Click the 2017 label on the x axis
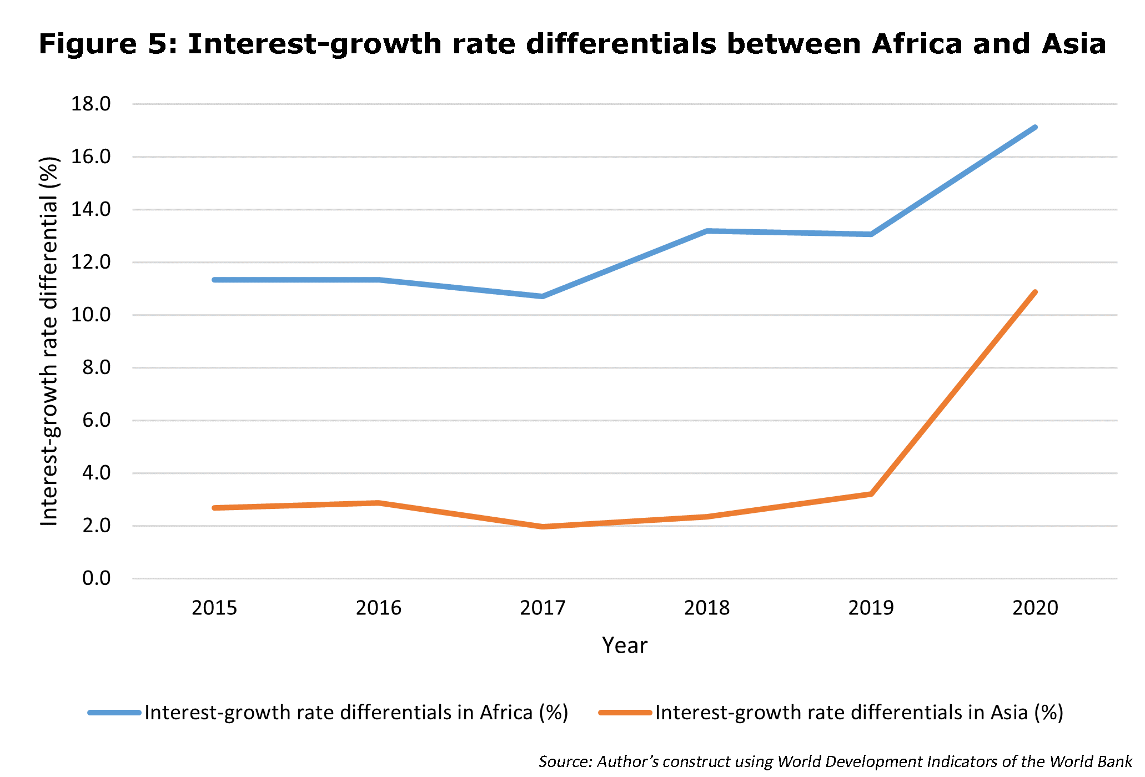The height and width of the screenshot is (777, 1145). pyautogui.click(x=543, y=608)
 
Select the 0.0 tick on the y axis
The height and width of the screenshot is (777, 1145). pyautogui.click(x=97, y=578)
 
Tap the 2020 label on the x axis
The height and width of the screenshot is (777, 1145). pyautogui.click(x=1035, y=608)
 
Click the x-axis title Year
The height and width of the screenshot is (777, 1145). pyautogui.click(x=625, y=645)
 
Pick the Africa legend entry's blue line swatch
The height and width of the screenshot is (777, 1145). pyautogui.click(x=114, y=713)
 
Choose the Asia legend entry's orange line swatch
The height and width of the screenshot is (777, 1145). pyautogui.click(x=625, y=713)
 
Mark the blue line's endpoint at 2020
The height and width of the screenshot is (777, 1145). pyautogui.click(x=1035, y=127)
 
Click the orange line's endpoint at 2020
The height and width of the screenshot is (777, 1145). pyautogui.click(x=1035, y=292)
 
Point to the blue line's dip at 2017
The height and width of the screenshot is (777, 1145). pyautogui.click(x=543, y=296)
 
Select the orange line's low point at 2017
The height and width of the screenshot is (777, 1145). pyautogui.click(x=543, y=527)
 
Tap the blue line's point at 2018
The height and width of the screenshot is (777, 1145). pyautogui.click(x=707, y=231)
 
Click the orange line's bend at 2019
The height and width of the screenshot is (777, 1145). pyautogui.click(x=871, y=494)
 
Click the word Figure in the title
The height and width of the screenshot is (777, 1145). pyautogui.click(x=87, y=44)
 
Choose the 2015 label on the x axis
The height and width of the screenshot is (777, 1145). pyautogui.click(x=214, y=608)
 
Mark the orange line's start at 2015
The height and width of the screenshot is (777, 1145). pyautogui.click(x=214, y=508)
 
